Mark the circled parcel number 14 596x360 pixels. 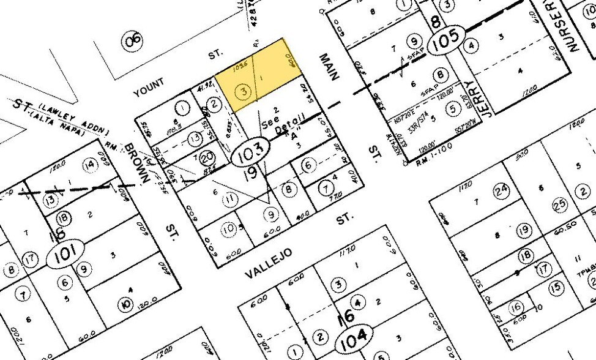click(90, 164)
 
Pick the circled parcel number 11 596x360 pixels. click(230, 198)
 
